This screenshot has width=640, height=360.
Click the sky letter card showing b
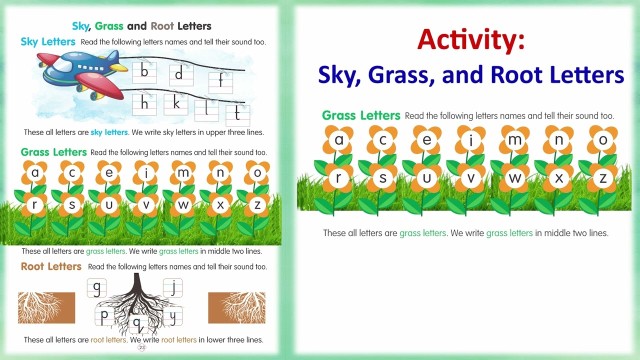click(x=144, y=72)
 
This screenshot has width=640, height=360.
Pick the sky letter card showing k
click(x=176, y=103)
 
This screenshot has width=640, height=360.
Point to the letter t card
click(x=237, y=115)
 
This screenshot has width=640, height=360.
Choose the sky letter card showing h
click(x=144, y=104)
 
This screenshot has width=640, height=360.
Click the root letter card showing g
click(x=96, y=287)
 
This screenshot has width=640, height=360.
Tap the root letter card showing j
click(x=173, y=287)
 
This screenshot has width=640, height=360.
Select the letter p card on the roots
click(x=104, y=316)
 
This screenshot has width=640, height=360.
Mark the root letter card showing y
click(x=173, y=316)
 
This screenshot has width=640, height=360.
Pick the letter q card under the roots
click(x=138, y=324)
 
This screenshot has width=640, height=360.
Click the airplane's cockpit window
click(x=64, y=66)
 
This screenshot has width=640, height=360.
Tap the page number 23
click(x=142, y=347)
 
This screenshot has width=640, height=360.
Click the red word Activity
click(x=470, y=40)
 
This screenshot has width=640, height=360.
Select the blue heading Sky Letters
click(x=48, y=41)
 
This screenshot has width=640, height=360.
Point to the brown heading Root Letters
click(x=51, y=266)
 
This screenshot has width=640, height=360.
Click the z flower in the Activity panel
click(x=603, y=178)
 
